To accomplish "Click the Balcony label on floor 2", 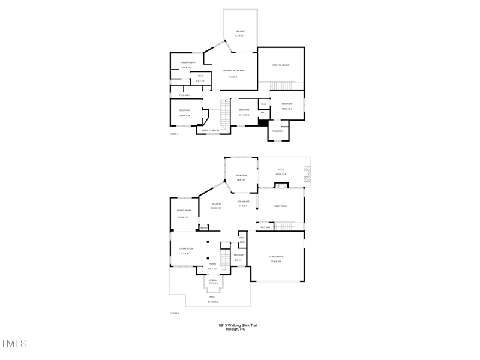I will pos(240,31).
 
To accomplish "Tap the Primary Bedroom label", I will pos(233,71).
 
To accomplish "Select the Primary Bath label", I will pos(188,62).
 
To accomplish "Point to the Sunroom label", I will pos(241,175).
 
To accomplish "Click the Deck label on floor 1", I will pos(280,170).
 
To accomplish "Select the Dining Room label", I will pos(184,211).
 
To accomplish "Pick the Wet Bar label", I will pos(265,227).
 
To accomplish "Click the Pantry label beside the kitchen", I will pos(203,228).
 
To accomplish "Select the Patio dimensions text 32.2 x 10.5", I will pos(212,302).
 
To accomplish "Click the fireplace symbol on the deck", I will pos(307,173).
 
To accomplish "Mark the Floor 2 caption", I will pos(174,134).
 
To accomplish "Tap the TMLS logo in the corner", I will pos(13,344).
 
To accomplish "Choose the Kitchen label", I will pos(216,204).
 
